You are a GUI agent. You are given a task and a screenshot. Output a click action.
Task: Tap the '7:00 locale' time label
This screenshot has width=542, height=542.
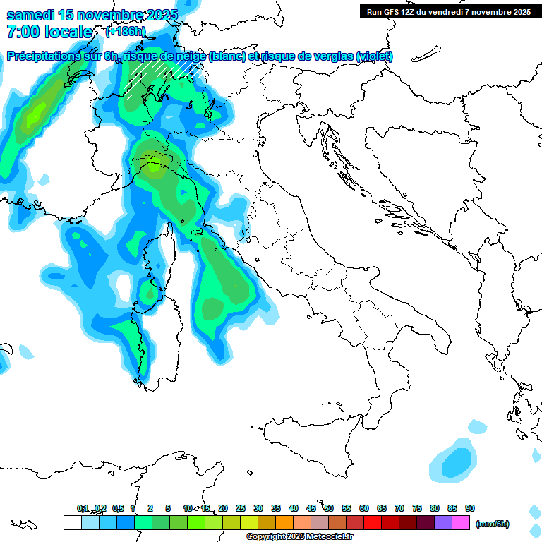tap(49, 32)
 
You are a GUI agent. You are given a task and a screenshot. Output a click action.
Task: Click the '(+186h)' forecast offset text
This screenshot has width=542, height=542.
tap(126, 32)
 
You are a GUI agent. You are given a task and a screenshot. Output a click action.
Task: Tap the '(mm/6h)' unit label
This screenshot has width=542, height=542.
tap(492, 524)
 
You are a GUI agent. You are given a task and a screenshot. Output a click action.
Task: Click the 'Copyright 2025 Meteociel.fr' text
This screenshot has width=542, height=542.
tap(300, 537)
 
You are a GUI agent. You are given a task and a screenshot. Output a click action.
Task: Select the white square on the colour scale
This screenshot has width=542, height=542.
tap(72, 522)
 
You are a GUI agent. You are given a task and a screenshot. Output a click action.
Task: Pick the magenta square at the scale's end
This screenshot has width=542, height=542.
tap(461, 522)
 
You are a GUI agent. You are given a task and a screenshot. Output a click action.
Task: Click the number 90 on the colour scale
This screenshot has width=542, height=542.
tap(469, 508)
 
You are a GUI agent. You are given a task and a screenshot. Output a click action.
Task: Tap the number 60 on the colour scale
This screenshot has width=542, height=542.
tap(364, 508)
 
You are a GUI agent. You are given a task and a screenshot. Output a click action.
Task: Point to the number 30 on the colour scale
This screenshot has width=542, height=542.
tap(258, 508)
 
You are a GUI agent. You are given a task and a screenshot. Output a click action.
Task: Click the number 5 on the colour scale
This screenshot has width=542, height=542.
tap(168, 508)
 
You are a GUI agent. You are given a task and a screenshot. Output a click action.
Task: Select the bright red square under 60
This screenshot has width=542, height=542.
tap(373, 522)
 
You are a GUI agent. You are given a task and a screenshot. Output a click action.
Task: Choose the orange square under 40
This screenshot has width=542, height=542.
tap(284, 522)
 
